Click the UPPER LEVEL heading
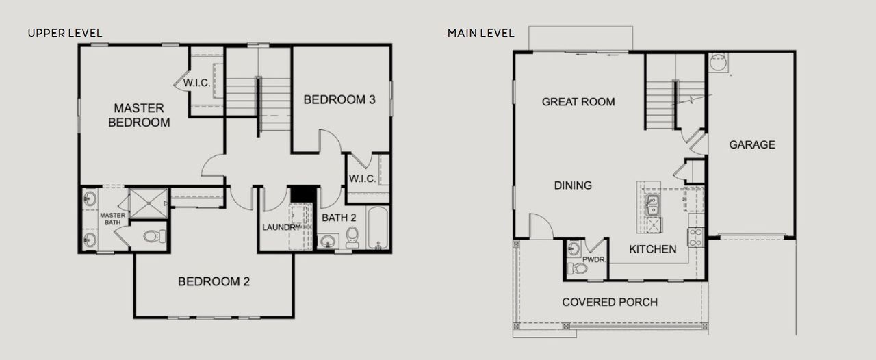pyautogui.click(x=65, y=33)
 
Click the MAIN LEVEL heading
pyautogui.click(x=481, y=33)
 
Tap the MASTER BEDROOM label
pyautogui.click(x=139, y=115)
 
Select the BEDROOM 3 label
pyautogui.click(x=339, y=100)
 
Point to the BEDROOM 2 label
pyautogui.click(x=214, y=281)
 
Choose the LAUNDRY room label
pyautogui.click(x=281, y=227)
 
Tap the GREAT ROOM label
pyautogui.click(x=578, y=102)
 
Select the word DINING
pyautogui.click(x=573, y=185)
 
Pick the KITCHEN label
pyautogui.click(x=653, y=249)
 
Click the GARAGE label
pyautogui.click(x=751, y=144)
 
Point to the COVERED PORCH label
pyautogui.click(x=610, y=302)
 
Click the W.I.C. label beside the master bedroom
pyautogui.click(x=196, y=83)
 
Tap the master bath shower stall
pyautogui.click(x=149, y=202)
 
